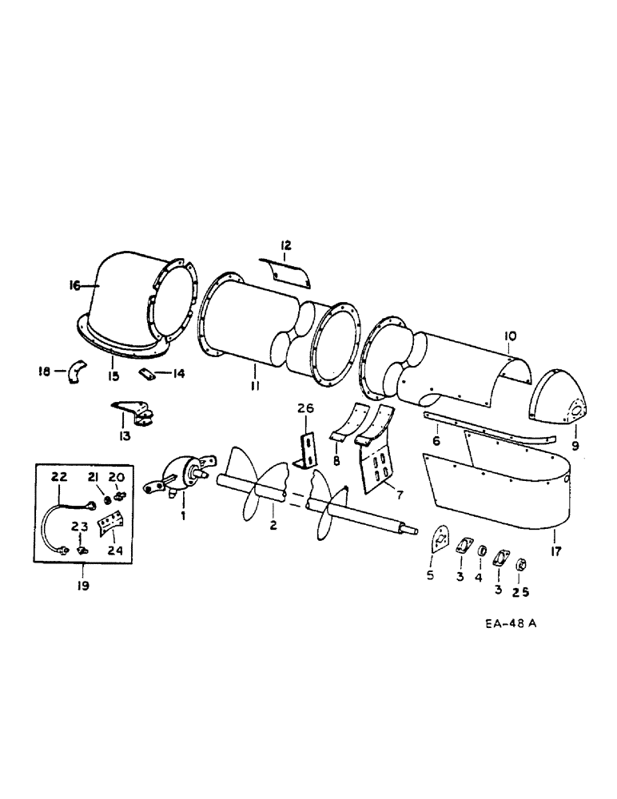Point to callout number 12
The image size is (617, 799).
(285, 245)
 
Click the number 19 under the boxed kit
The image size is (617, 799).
(82, 586)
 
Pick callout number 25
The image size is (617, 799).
(520, 592)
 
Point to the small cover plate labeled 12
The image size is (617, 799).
(288, 272)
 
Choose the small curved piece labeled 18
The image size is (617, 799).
(76, 372)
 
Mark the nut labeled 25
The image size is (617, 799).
(519, 565)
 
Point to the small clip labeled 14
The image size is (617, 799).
(148, 373)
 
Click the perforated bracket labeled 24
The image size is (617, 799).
(108, 529)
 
